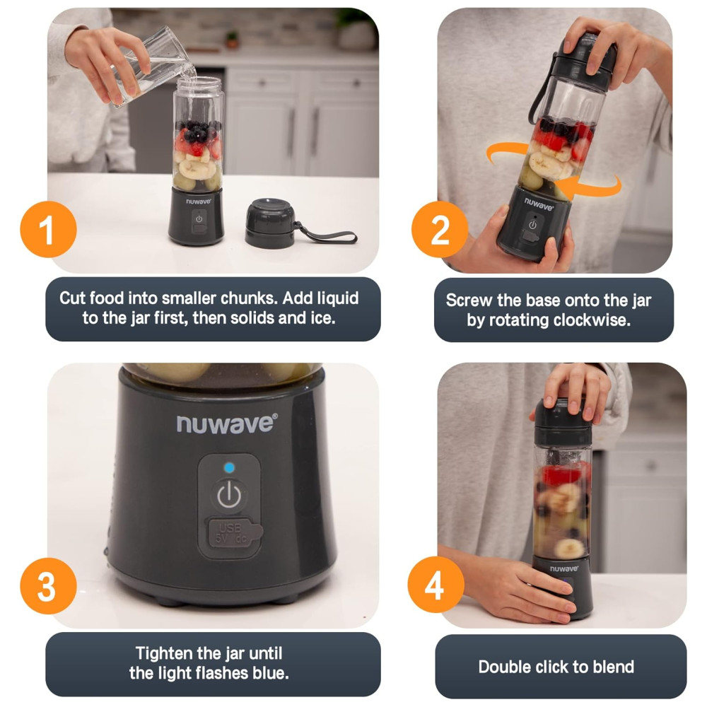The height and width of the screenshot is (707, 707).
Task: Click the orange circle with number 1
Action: pos(48,230)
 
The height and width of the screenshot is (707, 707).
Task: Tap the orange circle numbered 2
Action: pos(440,230)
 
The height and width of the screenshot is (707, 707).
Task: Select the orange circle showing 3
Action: pos(48,585)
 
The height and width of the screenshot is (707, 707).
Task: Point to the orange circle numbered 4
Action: pos(436,585)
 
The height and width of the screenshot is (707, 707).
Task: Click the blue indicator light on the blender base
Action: pos(229,467)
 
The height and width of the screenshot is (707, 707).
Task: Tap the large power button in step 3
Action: pos(229,496)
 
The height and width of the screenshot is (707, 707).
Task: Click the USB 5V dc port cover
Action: pos(233,533)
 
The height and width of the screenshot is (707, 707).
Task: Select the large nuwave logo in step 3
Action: pos(227,423)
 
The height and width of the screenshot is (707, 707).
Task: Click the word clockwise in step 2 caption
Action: pos(592,320)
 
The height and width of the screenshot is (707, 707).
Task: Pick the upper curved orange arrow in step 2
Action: pos(506,153)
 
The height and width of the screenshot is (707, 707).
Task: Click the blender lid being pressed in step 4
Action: pos(563,422)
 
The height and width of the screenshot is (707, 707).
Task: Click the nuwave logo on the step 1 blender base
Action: pos(199,201)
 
